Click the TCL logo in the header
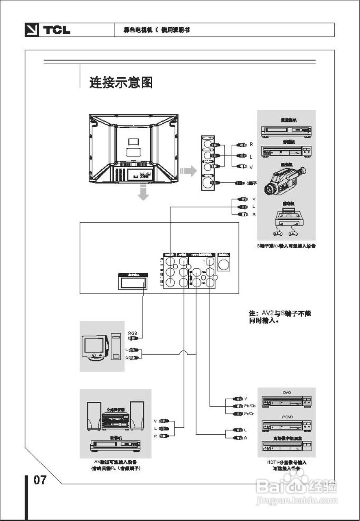click(x=48, y=30)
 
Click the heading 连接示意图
click(x=121, y=83)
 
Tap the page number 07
click(x=40, y=480)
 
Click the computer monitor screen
click(x=94, y=346)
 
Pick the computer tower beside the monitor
click(x=116, y=347)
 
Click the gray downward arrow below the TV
click(x=143, y=193)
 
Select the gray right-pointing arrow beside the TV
click(x=188, y=171)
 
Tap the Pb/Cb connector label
click(x=250, y=406)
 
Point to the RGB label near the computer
click(x=133, y=333)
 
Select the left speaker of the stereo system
click(x=94, y=416)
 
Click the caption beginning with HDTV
click(x=287, y=465)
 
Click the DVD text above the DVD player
click(x=286, y=393)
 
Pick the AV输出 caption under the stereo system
click(x=116, y=465)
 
